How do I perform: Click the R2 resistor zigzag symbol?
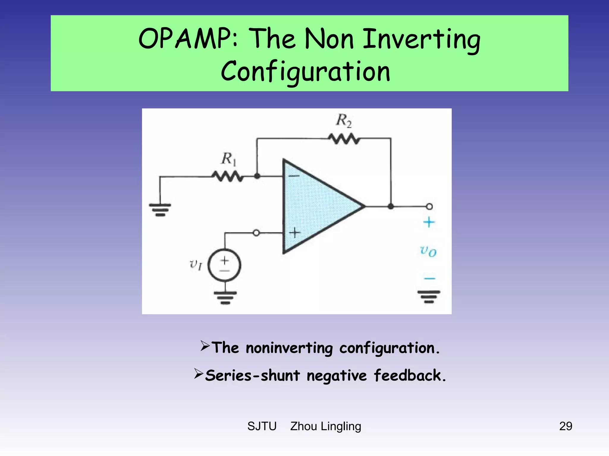tap(344, 139)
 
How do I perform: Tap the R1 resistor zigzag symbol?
tap(227, 177)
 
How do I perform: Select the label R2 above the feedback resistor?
tap(344, 121)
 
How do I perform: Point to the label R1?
tap(228, 159)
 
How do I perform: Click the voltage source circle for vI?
tap(225, 265)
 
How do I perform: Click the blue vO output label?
tap(428, 251)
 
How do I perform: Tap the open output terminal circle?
tap(429, 206)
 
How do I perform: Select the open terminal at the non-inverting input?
tap(256, 233)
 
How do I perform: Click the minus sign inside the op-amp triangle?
tap(294, 176)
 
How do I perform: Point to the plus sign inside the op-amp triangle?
tap(294, 233)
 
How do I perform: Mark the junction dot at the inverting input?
tap(257, 176)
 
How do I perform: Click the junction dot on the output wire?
tap(391, 206)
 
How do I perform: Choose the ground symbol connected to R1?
tap(160, 210)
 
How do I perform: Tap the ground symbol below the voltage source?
tap(225, 298)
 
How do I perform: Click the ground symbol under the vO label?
tap(429, 297)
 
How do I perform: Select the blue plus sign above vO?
tap(429, 222)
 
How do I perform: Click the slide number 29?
tap(565, 426)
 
